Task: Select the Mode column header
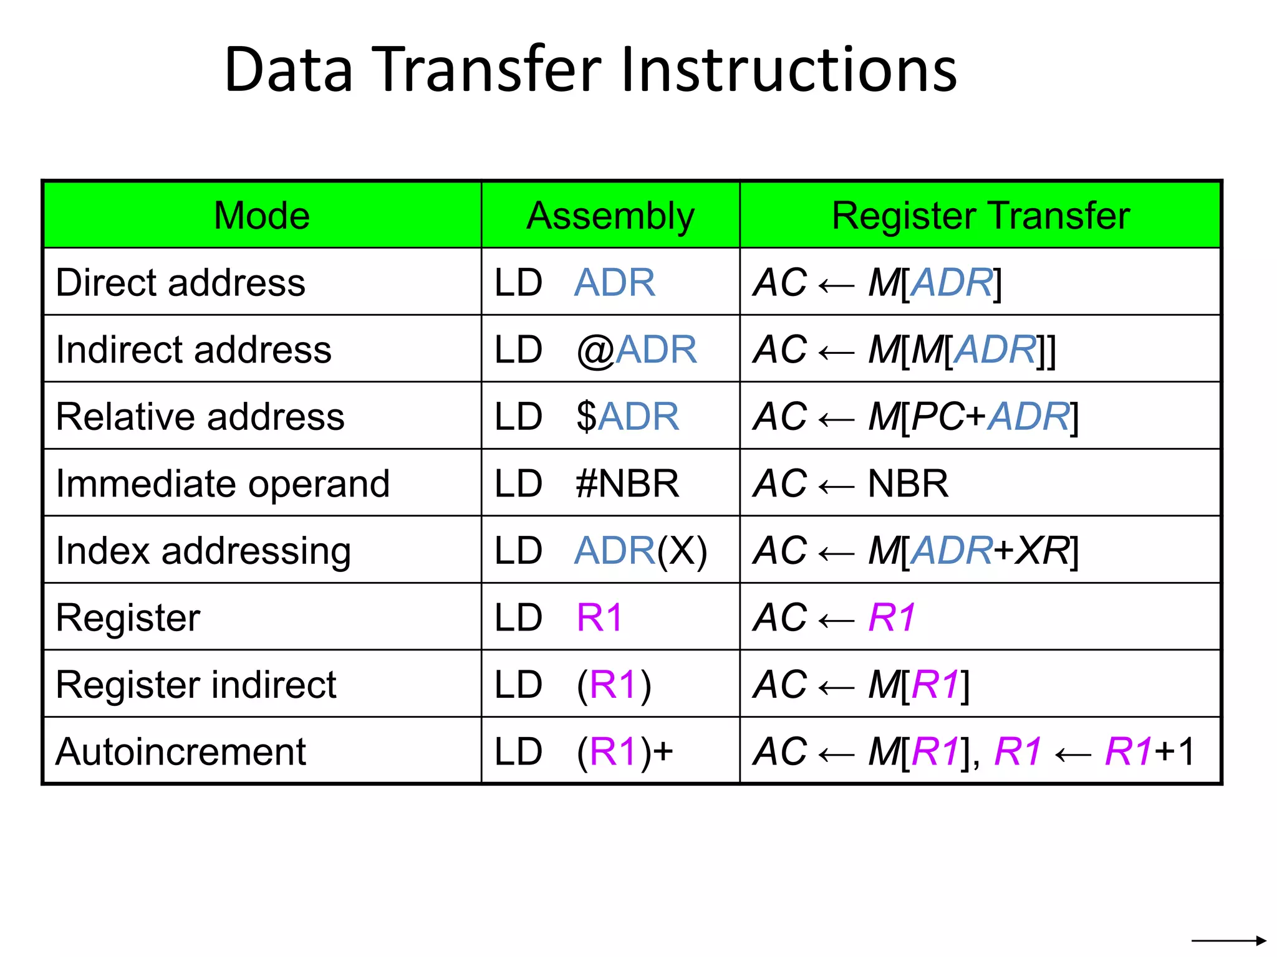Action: [262, 216]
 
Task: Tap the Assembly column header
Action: [610, 216]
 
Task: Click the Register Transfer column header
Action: [980, 216]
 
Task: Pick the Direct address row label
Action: [181, 283]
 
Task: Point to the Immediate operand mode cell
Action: [223, 484]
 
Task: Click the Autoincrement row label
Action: [181, 752]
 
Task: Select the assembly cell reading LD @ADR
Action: [595, 350]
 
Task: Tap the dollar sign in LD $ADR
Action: [586, 417]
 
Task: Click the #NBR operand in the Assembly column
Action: [627, 484]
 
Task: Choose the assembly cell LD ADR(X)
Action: [600, 551]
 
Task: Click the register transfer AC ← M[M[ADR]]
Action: [904, 350]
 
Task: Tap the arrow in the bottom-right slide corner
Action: [1228, 940]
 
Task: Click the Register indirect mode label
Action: [196, 685]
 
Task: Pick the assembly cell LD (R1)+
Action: [584, 752]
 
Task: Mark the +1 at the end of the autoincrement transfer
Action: [1175, 751]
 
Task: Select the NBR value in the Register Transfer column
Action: [908, 484]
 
